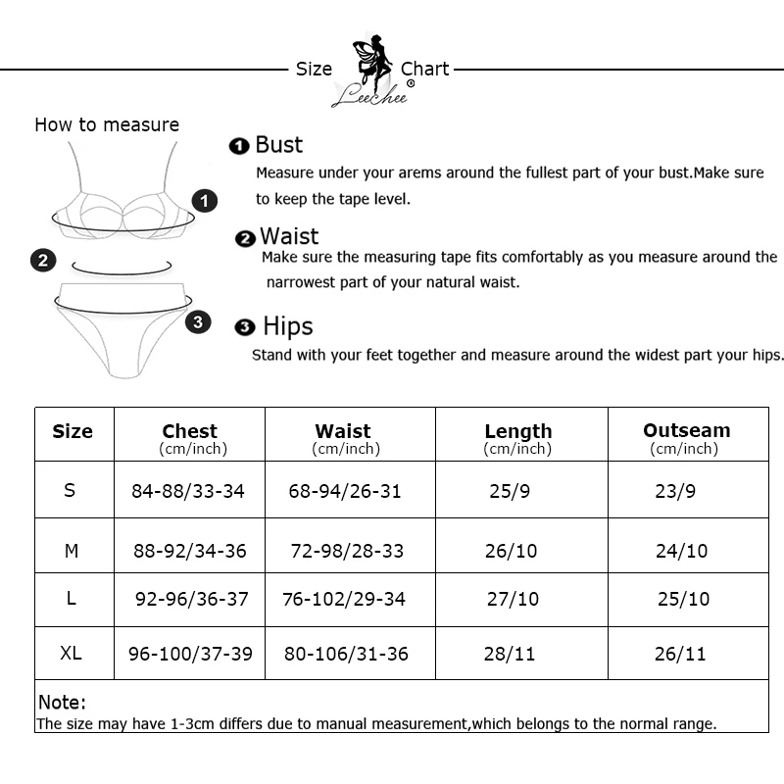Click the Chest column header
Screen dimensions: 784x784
[x=190, y=431]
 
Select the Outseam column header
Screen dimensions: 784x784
[x=686, y=430]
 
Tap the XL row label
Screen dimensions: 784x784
[x=71, y=653]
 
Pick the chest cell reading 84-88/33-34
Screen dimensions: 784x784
[x=188, y=491]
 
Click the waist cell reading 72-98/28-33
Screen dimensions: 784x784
[x=347, y=551]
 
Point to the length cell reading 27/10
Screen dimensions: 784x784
[x=513, y=599]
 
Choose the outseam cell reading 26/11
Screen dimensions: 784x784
[x=680, y=654]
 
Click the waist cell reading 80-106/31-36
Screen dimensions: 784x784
[x=346, y=654]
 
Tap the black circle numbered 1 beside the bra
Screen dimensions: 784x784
[x=204, y=202]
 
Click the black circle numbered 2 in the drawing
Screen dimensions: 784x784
[x=42, y=260]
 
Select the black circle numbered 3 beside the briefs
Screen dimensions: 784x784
[x=198, y=321]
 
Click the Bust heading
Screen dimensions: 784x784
[x=278, y=145]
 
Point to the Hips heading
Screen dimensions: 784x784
[x=287, y=326]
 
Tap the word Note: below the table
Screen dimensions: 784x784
[x=63, y=703]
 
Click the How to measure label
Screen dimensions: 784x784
[x=107, y=124]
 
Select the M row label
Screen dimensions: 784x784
[x=72, y=551]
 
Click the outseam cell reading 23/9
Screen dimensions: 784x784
[x=674, y=491]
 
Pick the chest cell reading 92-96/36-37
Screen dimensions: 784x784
[x=192, y=599]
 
